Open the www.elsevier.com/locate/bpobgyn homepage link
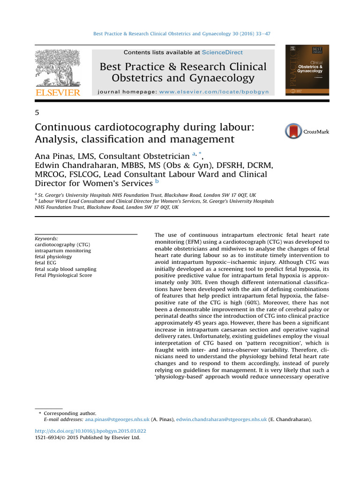214,92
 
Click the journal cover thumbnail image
307,70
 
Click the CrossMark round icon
294,132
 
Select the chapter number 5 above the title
37,112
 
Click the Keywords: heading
46,238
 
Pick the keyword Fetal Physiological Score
63,275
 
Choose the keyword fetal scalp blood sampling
66,269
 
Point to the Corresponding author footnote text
70,413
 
